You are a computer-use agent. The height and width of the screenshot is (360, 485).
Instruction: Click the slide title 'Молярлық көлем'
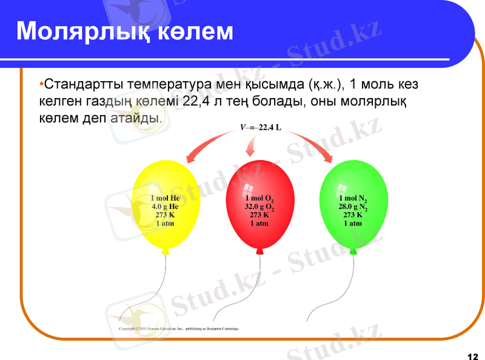(124, 32)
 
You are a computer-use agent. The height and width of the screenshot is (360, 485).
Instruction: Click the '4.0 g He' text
(166, 206)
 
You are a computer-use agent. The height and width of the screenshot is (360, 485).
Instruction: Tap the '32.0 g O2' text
(259, 207)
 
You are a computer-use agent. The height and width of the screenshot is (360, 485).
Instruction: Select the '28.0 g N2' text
(353, 206)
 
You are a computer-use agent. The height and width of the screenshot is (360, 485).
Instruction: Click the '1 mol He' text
(166, 198)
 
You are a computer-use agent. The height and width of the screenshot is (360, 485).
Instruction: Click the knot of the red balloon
(259, 250)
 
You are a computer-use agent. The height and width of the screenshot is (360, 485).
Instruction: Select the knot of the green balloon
(353, 250)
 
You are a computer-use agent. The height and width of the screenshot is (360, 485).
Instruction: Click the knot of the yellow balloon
(166, 250)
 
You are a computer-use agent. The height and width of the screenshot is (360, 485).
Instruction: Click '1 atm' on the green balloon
(353, 223)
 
